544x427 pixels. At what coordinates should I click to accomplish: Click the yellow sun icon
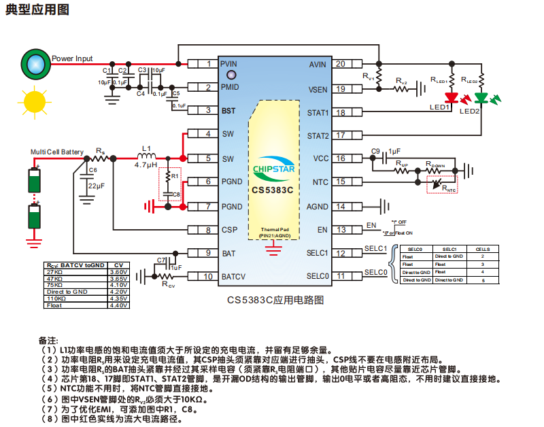33,102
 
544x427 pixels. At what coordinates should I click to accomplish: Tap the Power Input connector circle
35,63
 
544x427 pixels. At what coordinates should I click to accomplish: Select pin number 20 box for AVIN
339,65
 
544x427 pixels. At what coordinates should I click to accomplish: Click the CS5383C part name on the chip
273,190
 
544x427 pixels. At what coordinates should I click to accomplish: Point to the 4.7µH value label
146,165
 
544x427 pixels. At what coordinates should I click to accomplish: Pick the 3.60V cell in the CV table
118,272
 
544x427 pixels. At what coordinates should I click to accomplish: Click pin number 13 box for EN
339,230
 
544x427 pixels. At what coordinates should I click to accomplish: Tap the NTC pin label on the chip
320,182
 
